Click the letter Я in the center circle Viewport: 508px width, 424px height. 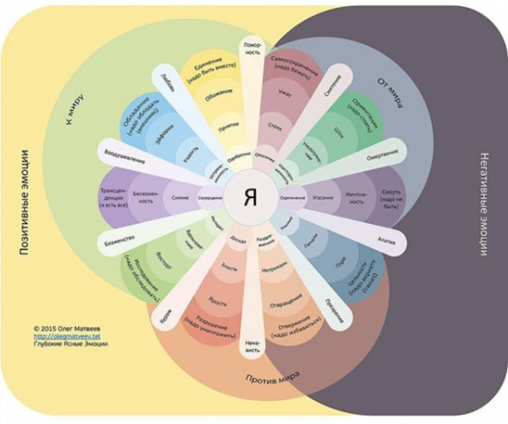click(251, 197)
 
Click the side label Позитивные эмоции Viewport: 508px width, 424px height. click(24, 203)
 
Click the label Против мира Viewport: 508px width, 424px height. click(272, 377)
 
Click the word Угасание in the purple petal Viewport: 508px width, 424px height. click(323, 198)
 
